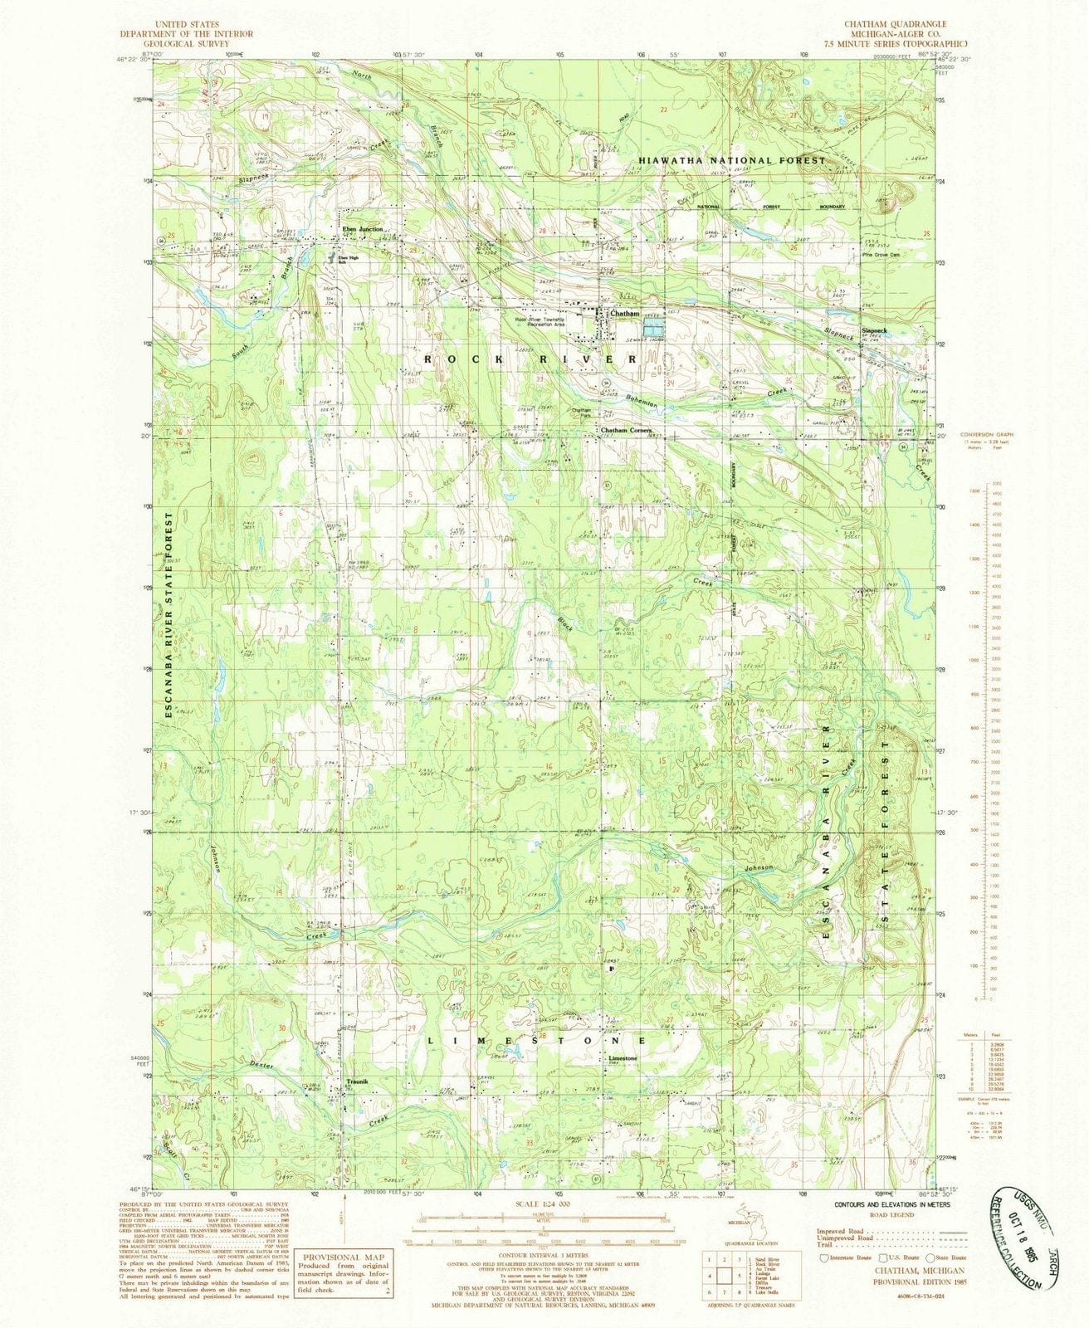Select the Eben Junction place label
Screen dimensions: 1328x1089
pos(358,230)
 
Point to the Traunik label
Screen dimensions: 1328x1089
pos(357,1081)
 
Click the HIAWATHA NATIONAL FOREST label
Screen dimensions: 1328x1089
pos(732,159)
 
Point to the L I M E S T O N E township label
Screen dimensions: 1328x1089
pos(537,1039)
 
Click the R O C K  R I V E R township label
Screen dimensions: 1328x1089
pos(531,359)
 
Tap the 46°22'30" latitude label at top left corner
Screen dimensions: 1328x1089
pos(133,60)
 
